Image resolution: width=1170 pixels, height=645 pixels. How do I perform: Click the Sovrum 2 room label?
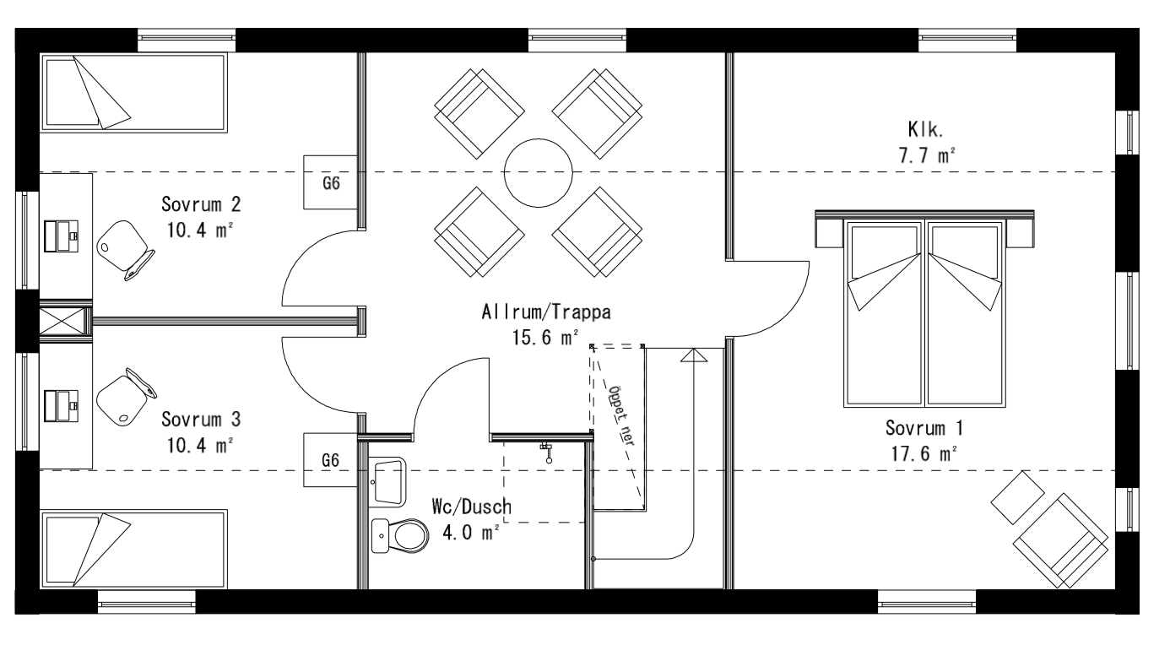[201, 217]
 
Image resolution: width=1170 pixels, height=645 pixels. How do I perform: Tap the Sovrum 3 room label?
[201, 431]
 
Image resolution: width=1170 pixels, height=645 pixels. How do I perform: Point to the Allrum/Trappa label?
[544, 323]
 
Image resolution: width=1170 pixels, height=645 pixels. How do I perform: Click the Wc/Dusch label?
[471, 519]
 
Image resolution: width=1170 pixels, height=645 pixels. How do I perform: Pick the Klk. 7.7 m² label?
[925, 144]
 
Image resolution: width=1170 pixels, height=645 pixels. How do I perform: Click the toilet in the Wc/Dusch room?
[396, 533]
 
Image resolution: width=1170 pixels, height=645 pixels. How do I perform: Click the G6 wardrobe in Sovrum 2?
[331, 182]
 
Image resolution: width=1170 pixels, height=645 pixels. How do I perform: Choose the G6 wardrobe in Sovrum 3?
[331, 460]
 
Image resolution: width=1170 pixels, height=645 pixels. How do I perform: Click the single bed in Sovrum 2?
[135, 92]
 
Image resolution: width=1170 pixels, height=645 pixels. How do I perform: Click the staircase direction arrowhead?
[693, 355]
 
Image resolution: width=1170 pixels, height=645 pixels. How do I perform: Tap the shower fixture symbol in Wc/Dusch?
[547, 452]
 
